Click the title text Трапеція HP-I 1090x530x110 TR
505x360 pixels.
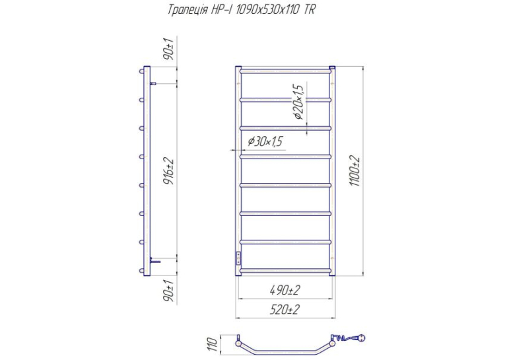pyautogui.click(x=242, y=10)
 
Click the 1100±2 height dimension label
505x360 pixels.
pyautogui.click(x=355, y=171)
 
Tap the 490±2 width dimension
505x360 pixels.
pyautogui.click(x=285, y=291)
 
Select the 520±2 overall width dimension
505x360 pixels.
pyautogui.click(x=285, y=310)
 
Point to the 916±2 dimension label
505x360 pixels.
pyautogui.click(x=169, y=171)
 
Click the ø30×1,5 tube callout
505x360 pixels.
pyautogui.click(x=265, y=141)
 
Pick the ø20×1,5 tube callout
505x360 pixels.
pyautogui.click(x=298, y=102)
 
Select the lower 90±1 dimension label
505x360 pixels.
pyautogui.click(x=169, y=291)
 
